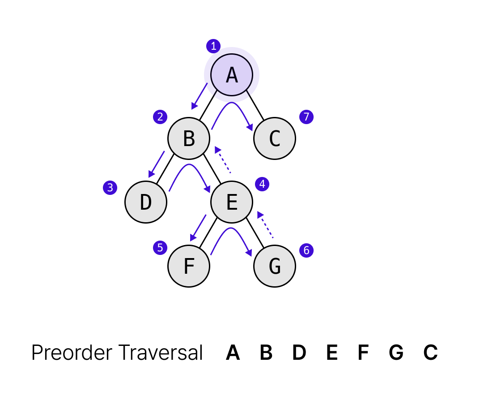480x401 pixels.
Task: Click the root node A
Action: coord(232,75)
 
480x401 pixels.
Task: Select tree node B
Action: coord(189,138)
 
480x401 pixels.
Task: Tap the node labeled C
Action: coord(275,138)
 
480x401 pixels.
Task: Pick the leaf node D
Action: coord(146,202)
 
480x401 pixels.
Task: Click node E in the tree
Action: coord(232,202)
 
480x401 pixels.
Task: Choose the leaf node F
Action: coord(189,266)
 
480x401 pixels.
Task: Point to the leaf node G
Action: coord(275,266)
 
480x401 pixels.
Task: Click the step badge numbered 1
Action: coord(213,46)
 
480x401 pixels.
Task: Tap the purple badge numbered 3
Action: coord(110,188)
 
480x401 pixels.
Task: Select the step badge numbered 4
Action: coord(262,184)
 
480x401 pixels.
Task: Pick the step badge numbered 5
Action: coord(160,248)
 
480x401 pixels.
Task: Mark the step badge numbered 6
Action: coord(306,250)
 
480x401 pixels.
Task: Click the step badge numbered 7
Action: coord(306,117)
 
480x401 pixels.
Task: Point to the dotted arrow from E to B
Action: coord(222,160)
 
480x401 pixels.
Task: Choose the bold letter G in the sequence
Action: coord(396,353)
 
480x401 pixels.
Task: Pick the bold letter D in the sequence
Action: coord(299,353)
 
